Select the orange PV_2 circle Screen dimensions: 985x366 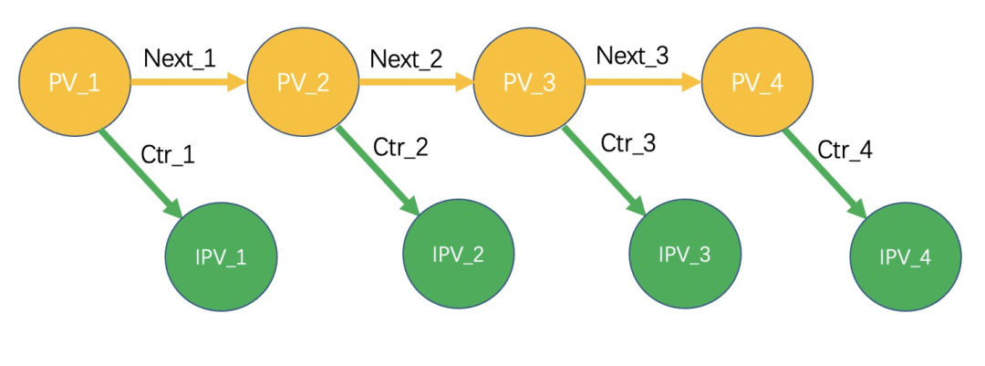[303, 82]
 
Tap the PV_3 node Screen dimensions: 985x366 [529, 82]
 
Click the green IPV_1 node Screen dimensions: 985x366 [221, 256]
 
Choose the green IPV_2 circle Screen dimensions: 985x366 [458, 254]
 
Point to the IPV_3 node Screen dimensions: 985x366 [685, 254]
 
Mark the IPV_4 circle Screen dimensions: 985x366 [906, 256]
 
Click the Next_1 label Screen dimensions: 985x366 [180, 58]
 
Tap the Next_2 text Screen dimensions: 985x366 [407, 58]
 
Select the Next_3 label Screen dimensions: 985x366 [633, 56]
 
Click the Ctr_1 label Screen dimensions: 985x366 [168, 154]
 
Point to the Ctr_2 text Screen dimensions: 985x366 [400, 147]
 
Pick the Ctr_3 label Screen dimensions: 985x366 [628, 142]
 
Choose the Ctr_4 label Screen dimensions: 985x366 [845, 151]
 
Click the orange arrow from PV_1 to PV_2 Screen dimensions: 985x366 [189, 81]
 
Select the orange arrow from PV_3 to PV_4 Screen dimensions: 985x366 [643, 81]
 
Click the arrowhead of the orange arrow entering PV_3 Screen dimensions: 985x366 [464, 81]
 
